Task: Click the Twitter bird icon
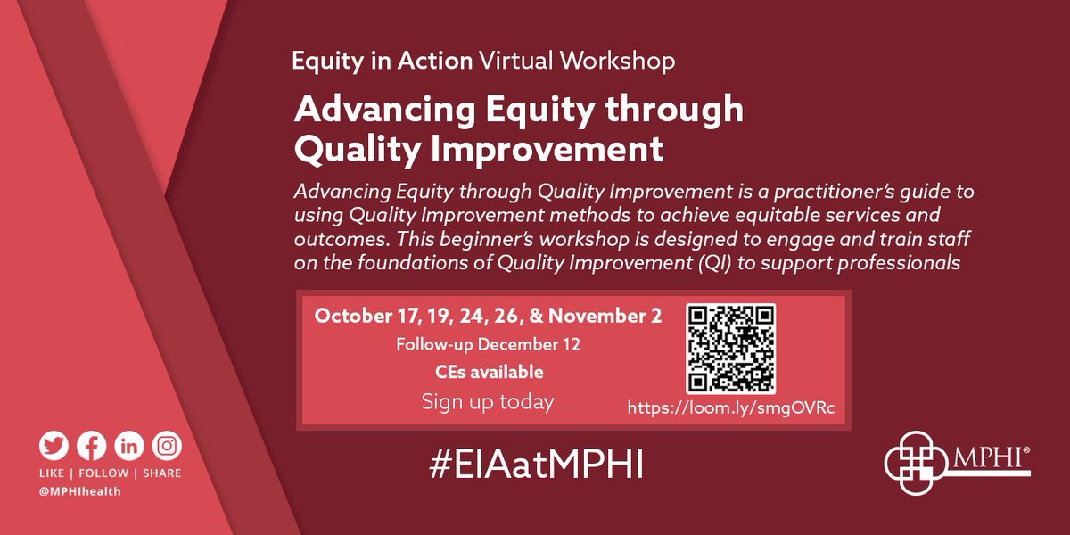(x=53, y=445)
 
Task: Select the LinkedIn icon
(x=128, y=445)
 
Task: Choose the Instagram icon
(x=166, y=445)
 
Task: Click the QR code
(x=731, y=349)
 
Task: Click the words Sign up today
(x=487, y=401)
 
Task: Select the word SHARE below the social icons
(x=160, y=473)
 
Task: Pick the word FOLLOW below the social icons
(x=106, y=473)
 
